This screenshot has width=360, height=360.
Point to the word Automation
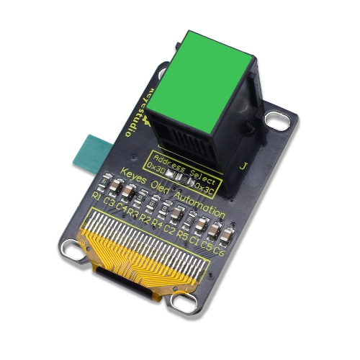pos(202,206)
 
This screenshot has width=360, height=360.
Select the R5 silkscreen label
pos(182,235)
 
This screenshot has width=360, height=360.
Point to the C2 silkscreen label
pos(169,229)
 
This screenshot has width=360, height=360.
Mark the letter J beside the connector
pos(243,166)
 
